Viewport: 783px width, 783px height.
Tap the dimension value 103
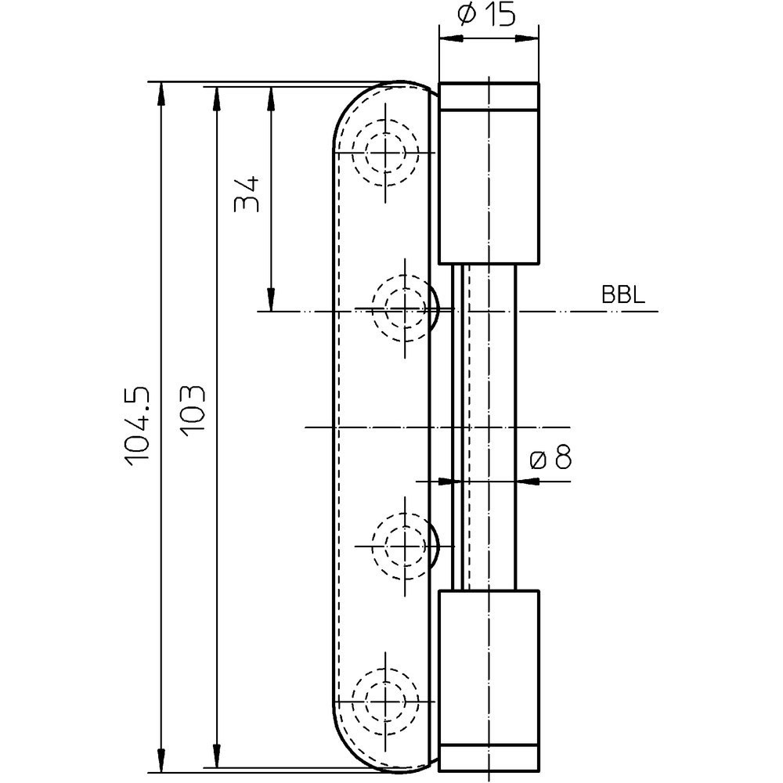pyautogui.click(x=193, y=410)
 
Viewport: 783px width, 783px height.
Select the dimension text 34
pyautogui.click(x=247, y=193)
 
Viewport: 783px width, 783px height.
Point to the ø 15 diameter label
pyautogui.click(x=486, y=16)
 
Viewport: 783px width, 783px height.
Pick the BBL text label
pyautogui.click(x=623, y=294)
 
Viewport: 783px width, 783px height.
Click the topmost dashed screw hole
pyautogui.click(x=385, y=152)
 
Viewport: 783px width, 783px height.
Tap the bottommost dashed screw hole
pyautogui.click(x=385, y=701)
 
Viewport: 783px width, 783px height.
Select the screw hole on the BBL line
pyautogui.click(x=405, y=309)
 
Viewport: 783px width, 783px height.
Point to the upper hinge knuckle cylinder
pyautogui.click(x=489, y=173)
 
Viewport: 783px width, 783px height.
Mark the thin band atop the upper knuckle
pyautogui.click(x=489, y=96)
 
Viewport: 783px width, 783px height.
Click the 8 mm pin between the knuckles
pyautogui.click(x=484, y=427)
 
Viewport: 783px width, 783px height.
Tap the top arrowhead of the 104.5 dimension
pyautogui.click(x=161, y=93)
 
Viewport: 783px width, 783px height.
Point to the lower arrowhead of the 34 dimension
pyautogui.click(x=271, y=299)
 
